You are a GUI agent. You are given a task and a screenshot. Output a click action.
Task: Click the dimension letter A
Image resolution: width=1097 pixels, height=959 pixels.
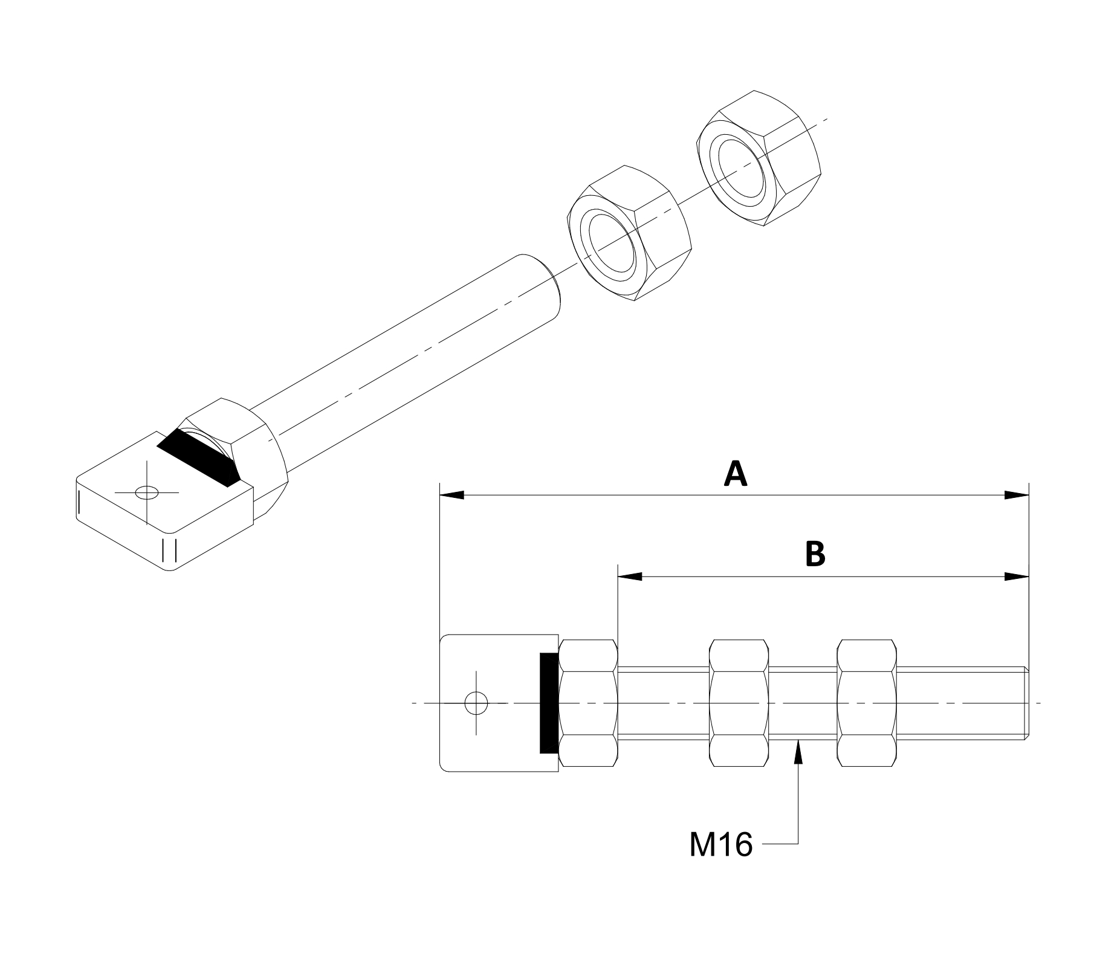(x=736, y=474)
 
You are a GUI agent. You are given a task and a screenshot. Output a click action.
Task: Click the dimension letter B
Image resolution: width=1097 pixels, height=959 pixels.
(x=815, y=554)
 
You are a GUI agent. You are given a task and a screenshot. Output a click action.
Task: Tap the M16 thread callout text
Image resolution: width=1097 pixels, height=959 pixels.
(x=721, y=844)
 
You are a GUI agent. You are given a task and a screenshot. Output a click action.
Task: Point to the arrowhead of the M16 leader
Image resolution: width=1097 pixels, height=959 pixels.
(x=799, y=749)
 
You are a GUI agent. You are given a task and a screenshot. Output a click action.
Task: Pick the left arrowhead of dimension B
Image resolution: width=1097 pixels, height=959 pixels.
(x=629, y=576)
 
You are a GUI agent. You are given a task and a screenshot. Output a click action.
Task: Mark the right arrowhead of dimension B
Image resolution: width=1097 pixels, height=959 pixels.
(x=1017, y=576)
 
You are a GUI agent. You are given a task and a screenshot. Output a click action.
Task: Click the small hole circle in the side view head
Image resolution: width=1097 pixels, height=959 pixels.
(x=476, y=703)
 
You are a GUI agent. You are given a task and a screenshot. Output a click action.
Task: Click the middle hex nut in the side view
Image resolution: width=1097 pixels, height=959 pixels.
(x=739, y=703)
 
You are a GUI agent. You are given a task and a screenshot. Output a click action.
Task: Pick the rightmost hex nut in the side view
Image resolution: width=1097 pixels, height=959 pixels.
(x=867, y=703)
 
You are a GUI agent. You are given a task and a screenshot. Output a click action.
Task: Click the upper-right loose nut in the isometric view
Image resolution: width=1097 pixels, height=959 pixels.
(x=760, y=159)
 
